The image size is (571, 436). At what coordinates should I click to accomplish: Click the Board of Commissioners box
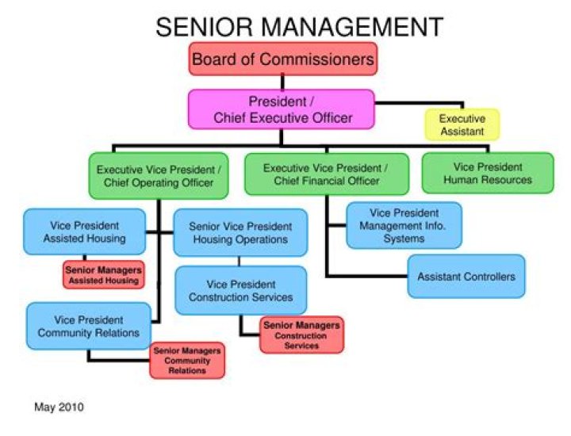[283, 59]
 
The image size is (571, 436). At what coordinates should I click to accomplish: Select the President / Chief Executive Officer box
[281, 109]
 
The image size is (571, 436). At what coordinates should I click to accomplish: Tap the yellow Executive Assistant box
[462, 124]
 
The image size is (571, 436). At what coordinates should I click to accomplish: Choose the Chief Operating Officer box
[159, 176]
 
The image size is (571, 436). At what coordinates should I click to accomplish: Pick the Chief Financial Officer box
[327, 174]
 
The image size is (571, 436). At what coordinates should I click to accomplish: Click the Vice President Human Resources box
[488, 173]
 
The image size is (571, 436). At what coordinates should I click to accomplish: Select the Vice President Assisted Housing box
[85, 231]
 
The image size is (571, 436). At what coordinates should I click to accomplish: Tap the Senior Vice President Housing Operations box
[240, 232]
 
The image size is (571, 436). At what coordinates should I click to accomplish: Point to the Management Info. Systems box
[404, 226]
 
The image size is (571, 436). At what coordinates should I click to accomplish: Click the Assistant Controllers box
[466, 276]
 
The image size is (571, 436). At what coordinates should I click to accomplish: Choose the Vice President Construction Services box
[241, 290]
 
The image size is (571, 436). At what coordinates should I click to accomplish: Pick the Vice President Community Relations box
[89, 326]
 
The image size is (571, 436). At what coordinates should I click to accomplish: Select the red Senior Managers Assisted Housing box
[103, 275]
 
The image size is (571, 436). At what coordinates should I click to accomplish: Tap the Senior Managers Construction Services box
[301, 335]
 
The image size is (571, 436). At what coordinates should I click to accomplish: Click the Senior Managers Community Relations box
[187, 361]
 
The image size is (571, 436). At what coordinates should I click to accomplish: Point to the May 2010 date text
[59, 407]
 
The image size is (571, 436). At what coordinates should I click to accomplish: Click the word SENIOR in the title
[204, 27]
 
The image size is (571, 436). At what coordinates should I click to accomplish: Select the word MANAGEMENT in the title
[352, 27]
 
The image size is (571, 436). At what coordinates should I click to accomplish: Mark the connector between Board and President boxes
[282, 82]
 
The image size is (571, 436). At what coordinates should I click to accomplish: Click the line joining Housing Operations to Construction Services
[240, 262]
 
